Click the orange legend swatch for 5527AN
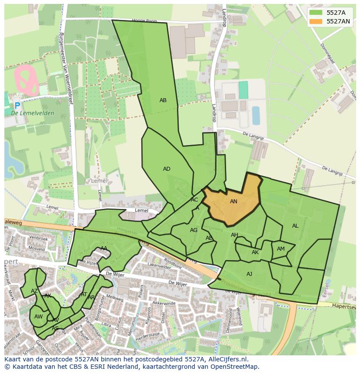coord(316,21)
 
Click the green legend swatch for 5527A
coord(316,13)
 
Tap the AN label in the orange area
coord(233,202)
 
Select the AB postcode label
coord(163,100)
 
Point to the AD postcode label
coord(167,169)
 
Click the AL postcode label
coord(295,226)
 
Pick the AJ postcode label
coord(249,274)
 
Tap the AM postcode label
coord(281,249)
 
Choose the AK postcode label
coord(255,252)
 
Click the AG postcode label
coord(193,230)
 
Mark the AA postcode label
coord(104,248)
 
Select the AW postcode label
coord(38,317)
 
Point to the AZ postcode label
coord(34,291)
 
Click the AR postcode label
coord(91,298)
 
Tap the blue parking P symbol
coord(17,106)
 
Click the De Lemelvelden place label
coord(33,113)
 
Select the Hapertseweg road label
coord(343,306)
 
